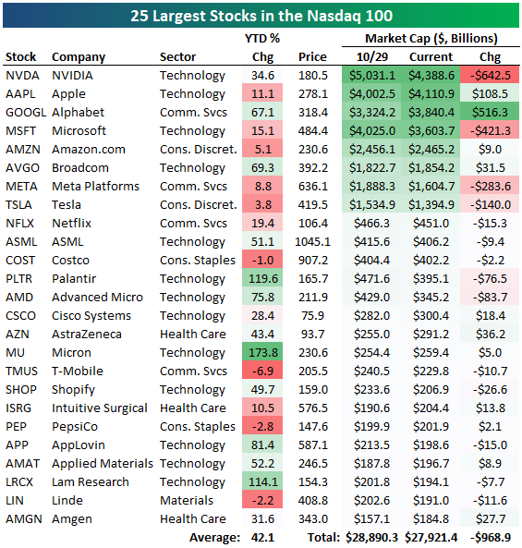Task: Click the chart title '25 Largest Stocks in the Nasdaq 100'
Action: (x=261, y=15)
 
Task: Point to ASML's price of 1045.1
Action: (x=312, y=241)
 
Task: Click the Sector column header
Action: (x=177, y=56)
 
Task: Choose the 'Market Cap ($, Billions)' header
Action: (x=431, y=38)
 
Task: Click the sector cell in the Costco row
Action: (x=196, y=260)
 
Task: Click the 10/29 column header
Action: (x=370, y=56)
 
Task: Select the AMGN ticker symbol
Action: (x=23, y=518)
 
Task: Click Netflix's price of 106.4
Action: (x=312, y=223)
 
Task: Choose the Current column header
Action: (x=431, y=56)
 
